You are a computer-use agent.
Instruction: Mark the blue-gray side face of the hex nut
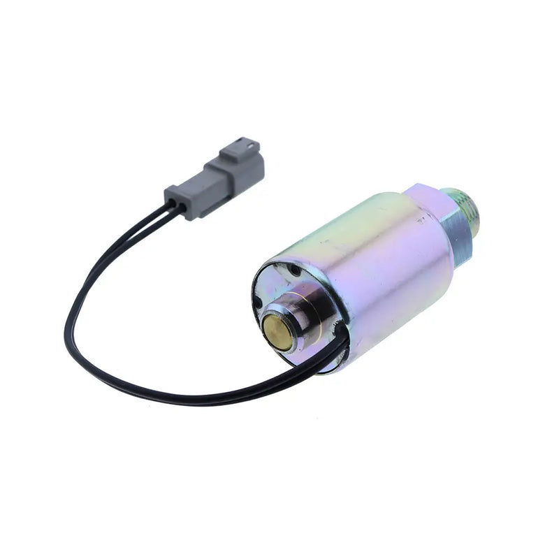pyautogui.click(x=458, y=231)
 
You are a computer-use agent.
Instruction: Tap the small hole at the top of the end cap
pyautogui.click(x=295, y=269)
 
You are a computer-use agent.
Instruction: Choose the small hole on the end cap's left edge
pyautogui.click(x=259, y=302)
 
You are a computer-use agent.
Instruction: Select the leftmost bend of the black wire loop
pyautogui.click(x=66, y=325)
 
